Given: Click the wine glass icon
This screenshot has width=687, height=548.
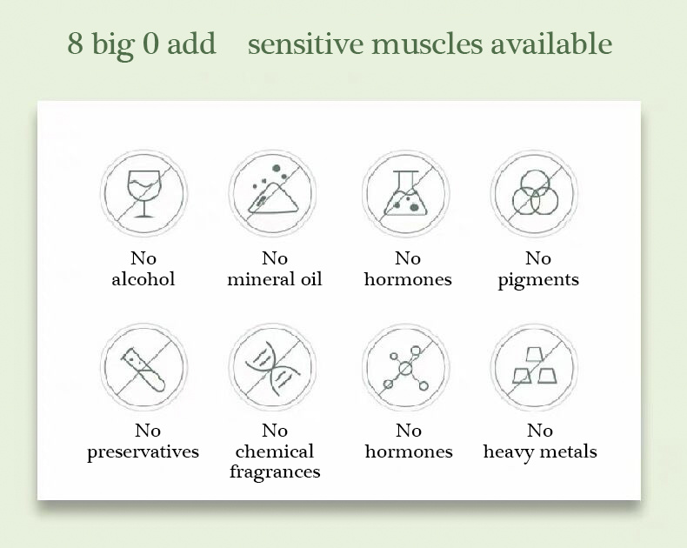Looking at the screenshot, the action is click(x=144, y=193).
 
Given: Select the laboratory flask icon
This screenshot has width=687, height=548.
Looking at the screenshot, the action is click(x=406, y=193).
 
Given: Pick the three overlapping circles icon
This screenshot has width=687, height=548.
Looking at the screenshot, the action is click(x=535, y=192).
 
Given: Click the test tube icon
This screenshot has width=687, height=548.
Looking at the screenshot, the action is click(x=143, y=370).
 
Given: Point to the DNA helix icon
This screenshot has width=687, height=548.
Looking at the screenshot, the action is click(x=272, y=367).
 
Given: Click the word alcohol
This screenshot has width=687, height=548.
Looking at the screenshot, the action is click(x=143, y=279).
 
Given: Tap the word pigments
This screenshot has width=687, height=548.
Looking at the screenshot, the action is click(x=538, y=281).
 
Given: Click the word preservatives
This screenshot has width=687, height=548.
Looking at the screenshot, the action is click(x=143, y=452).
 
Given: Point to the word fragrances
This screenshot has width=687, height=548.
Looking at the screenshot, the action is click(x=275, y=472).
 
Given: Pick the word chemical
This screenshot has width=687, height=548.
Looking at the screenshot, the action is click(x=275, y=451).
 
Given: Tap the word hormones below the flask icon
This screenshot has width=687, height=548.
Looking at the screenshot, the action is click(x=408, y=279).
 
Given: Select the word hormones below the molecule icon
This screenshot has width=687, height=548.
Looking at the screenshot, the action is click(x=409, y=451).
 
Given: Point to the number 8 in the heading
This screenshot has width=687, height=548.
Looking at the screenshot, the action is click(x=75, y=43).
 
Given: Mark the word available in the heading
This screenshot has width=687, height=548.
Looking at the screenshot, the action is click(x=551, y=43).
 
